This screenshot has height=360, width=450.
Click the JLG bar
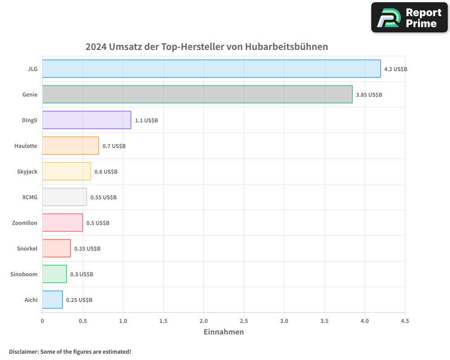[x=211, y=69]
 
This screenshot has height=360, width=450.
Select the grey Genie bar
[x=198, y=94]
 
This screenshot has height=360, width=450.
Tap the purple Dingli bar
[x=87, y=120]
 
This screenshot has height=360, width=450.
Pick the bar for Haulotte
[x=71, y=146]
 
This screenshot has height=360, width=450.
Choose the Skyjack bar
[x=67, y=171]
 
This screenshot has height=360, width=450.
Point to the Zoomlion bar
[x=63, y=223]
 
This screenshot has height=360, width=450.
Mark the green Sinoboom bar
[x=54, y=274]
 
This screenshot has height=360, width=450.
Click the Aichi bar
[x=53, y=300]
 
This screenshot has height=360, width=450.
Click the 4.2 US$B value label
[x=396, y=69]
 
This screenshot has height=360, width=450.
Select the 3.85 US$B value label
[x=369, y=95]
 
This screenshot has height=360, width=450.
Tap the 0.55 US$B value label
[x=103, y=198]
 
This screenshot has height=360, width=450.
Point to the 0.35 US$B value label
[x=87, y=249]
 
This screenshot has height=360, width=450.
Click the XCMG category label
[x=30, y=197]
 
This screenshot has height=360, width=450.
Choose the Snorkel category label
[x=27, y=248]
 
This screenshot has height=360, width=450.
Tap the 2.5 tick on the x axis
[x=244, y=321]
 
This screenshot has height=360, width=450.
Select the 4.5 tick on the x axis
[x=405, y=321]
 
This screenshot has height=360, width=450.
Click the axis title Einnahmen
[x=224, y=332]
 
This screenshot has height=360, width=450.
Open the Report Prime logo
[x=409, y=18]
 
